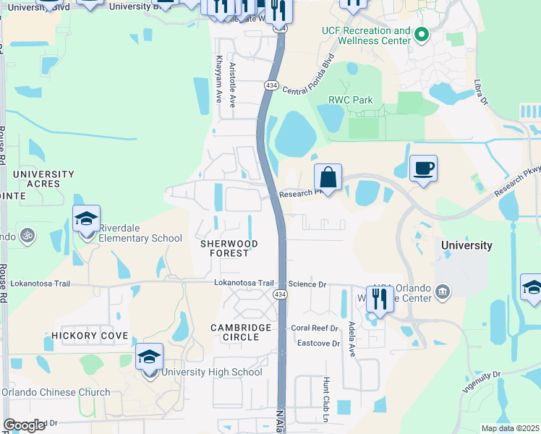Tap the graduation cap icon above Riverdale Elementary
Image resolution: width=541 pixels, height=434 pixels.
coord(86,218)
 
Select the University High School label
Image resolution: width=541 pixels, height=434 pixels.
coord(211,373)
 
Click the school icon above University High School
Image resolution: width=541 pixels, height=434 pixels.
coord(150,357)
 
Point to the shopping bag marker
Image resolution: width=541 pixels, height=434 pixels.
coord(328,176)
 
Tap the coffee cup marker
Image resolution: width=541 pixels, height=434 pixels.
coord(424,168)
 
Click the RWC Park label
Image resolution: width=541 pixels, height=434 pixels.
coord(351,100)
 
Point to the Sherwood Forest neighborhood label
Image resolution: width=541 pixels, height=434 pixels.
coord(229,249)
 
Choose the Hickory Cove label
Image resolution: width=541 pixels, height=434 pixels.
coord(90,336)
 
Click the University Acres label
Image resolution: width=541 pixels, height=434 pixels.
coord(43,179)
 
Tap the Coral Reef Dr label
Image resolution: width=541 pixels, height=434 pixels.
coord(315,328)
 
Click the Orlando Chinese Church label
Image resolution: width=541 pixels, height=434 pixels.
coord(56,393)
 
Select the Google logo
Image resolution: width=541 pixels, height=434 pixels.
coord(24,425)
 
